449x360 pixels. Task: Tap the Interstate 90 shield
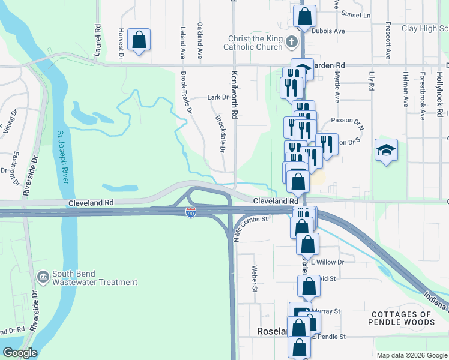pyautogui.click(x=190, y=214)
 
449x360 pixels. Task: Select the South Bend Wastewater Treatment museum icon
pyautogui.click(x=44, y=277)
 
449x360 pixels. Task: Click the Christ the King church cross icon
pyautogui.click(x=291, y=42)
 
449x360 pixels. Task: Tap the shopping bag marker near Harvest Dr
pyautogui.click(x=139, y=41)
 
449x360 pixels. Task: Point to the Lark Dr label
pyautogui.click(x=218, y=97)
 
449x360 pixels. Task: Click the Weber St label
pyautogui.click(x=255, y=279)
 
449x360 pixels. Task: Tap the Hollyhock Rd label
pyautogui.click(x=440, y=97)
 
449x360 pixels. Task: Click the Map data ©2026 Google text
pyautogui.click(x=411, y=355)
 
